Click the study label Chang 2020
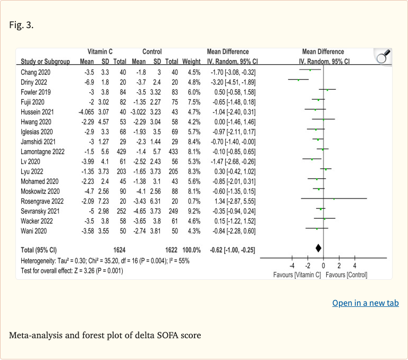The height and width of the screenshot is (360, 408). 36,72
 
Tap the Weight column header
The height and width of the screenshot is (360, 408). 191,62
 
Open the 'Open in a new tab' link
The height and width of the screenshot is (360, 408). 365,303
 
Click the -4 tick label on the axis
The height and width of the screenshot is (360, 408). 292,266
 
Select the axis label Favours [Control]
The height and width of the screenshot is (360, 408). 347,275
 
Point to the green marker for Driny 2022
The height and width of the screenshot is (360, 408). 299,80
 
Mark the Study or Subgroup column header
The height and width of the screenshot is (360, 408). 45,62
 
